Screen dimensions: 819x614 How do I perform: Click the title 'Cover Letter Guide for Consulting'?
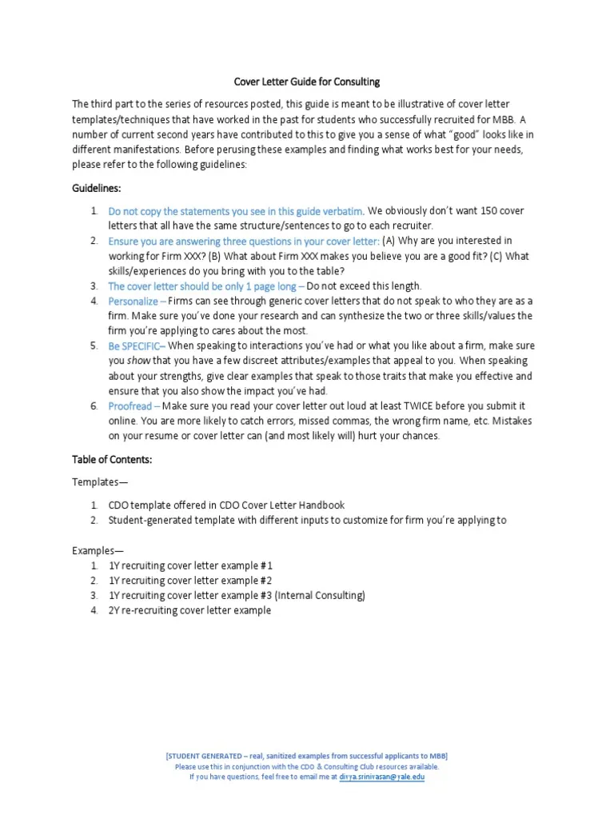pyautogui.click(x=306, y=82)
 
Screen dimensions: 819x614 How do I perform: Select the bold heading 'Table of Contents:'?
pyautogui.click(x=112, y=460)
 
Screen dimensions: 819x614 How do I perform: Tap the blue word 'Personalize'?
pyautogui.click(x=134, y=301)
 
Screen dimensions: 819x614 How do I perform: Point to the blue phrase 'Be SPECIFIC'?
pyautogui.click(x=136, y=346)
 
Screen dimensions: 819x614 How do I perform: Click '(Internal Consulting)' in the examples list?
pyautogui.click(x=320, y=595)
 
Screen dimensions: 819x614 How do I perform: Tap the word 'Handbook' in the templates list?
pyautogui.click(x=323, y=505)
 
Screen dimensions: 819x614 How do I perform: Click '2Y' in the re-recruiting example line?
pyautogui.click(x=114, y=610)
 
